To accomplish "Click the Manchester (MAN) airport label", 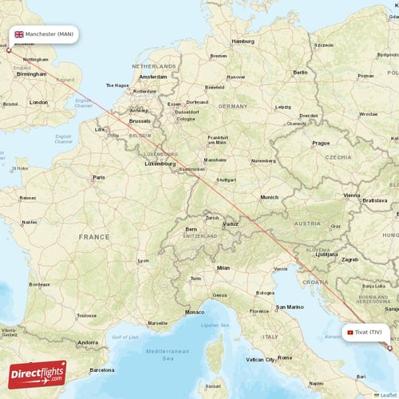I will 49,35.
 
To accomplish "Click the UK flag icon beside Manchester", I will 18,35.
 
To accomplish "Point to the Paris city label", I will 99,177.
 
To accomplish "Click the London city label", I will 38,102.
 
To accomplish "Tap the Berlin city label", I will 300,72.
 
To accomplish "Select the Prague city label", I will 321,143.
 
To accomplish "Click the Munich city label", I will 270,197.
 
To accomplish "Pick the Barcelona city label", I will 102,370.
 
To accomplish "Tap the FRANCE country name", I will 94,237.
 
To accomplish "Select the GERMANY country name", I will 234,105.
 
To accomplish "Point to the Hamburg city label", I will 243,41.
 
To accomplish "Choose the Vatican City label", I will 260,360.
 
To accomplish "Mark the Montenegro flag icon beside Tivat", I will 350,332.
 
